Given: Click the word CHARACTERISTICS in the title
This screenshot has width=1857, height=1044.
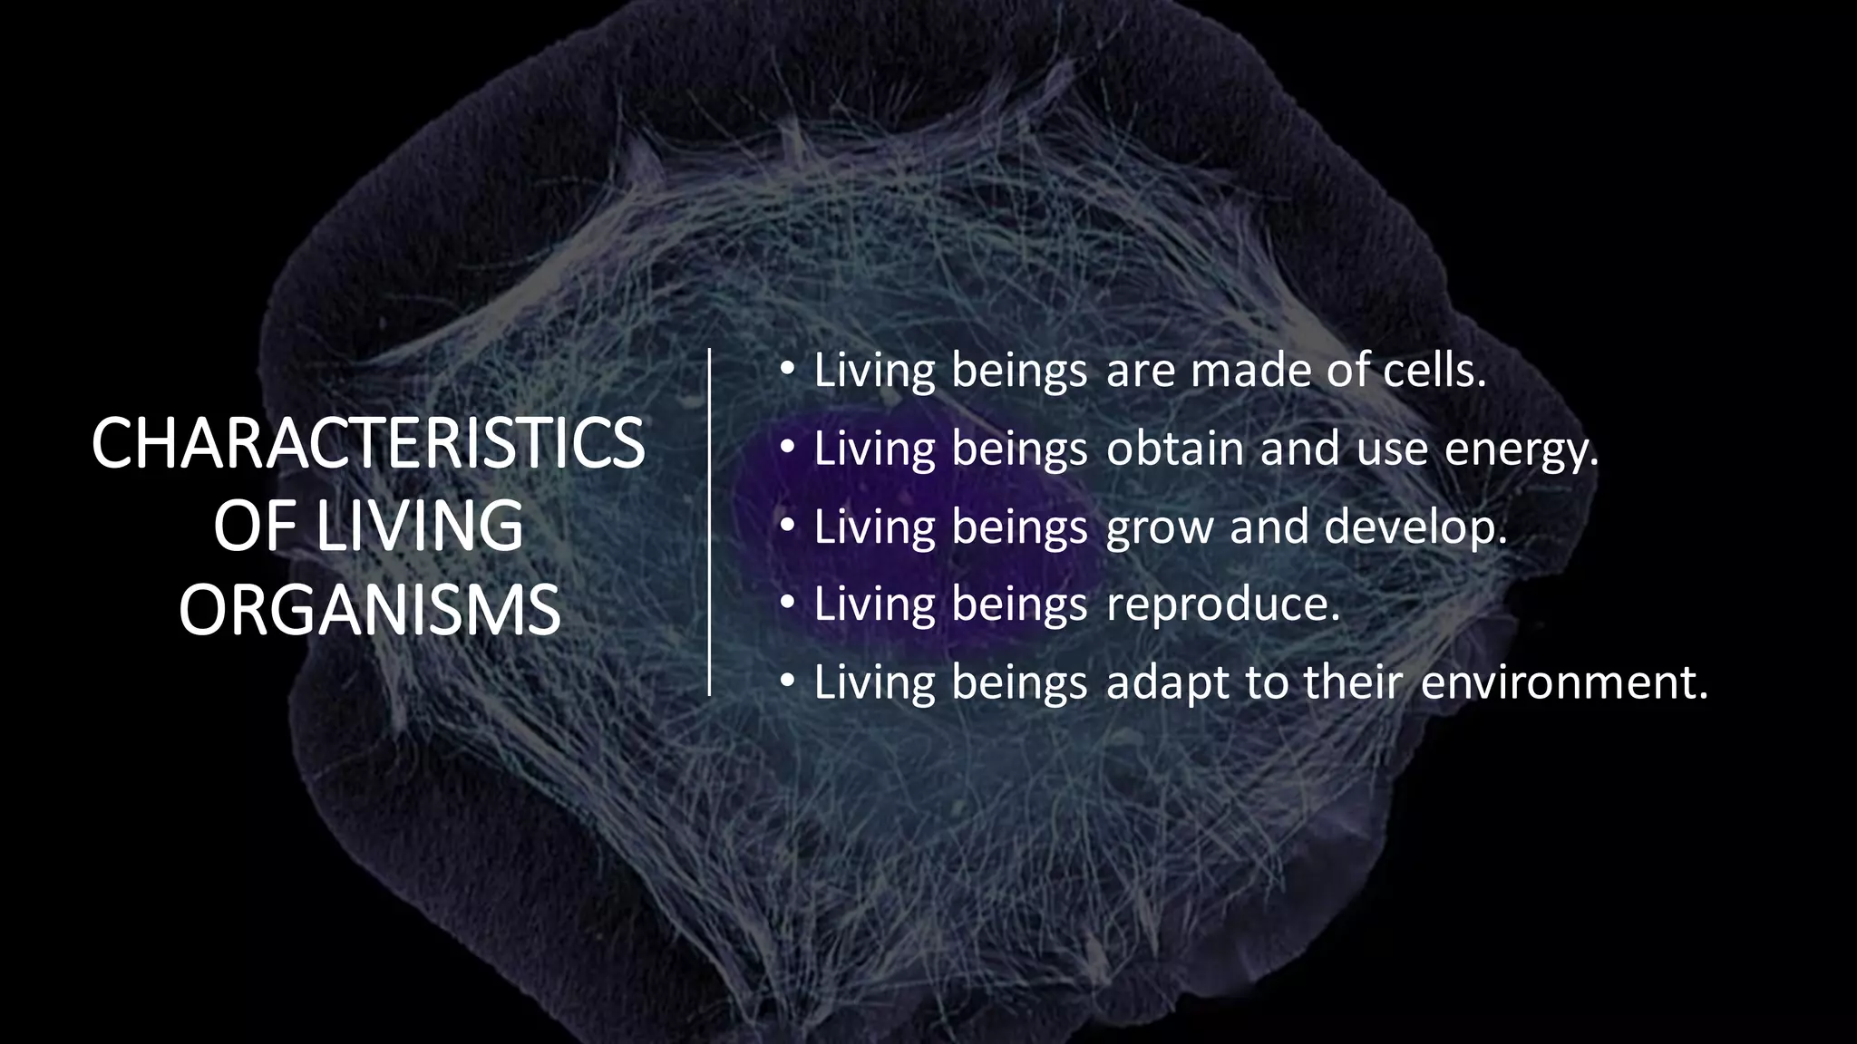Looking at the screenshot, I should [x=368, y=443].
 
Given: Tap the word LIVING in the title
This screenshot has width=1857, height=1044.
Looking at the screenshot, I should [x=420, y=527].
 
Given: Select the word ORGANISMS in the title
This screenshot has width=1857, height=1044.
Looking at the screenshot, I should [x=369, y=611].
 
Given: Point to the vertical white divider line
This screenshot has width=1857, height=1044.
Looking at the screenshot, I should [x=709, y=522].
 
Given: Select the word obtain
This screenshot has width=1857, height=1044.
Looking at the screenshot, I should [x=1174, y=449].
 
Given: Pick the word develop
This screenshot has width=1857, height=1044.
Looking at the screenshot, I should [x=1415, y=527].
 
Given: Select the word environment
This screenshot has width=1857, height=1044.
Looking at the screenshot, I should [x=1563, y=682].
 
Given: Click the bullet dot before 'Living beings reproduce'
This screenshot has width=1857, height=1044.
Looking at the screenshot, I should [x=787, y=601].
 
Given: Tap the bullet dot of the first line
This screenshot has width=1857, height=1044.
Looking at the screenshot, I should [x=787, y=368].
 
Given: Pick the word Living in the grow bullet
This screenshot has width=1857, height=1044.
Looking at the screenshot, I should [x=874, y=527].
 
